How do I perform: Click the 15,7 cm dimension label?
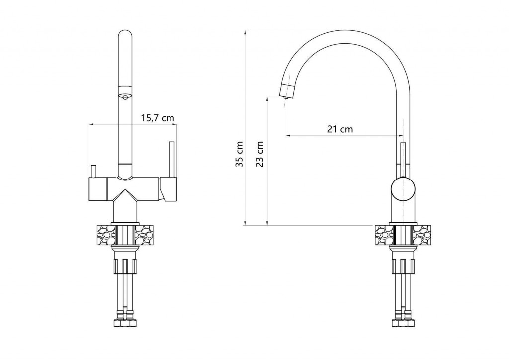[158, 118]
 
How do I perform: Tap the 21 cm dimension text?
[340, 129]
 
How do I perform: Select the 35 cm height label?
[240, 154]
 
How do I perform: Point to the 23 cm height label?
[259, 154]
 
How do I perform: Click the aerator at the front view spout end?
[125, 96]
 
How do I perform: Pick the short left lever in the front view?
[93, 172]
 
